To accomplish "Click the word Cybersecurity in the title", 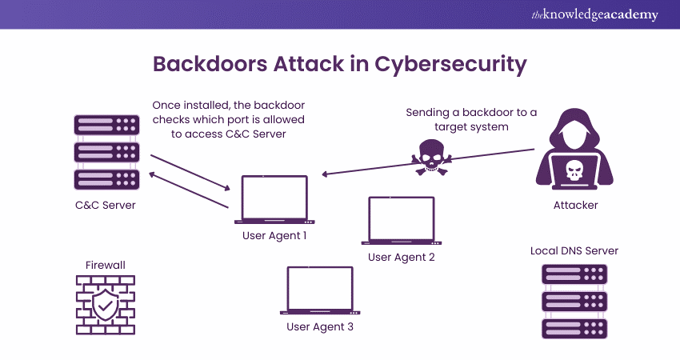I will click(449, 64).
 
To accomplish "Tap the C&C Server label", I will click(105, 205).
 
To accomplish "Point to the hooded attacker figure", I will click(575, 152).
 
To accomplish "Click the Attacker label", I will click(575, 205).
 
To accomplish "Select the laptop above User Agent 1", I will click(274, 199).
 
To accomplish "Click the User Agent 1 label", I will click(274, 236).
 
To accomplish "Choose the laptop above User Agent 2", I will click(401, 219).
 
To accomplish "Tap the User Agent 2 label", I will click(402, 257).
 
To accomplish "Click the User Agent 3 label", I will click(320, 326).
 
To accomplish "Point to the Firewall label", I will click(105, 265).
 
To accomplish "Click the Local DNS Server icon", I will click(574, 301).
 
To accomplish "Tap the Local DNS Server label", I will click(574, 250).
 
